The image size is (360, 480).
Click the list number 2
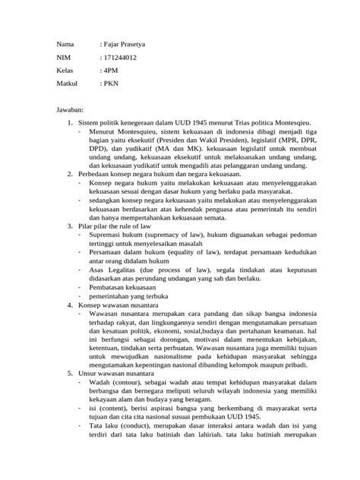69,174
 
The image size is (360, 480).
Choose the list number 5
69,373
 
